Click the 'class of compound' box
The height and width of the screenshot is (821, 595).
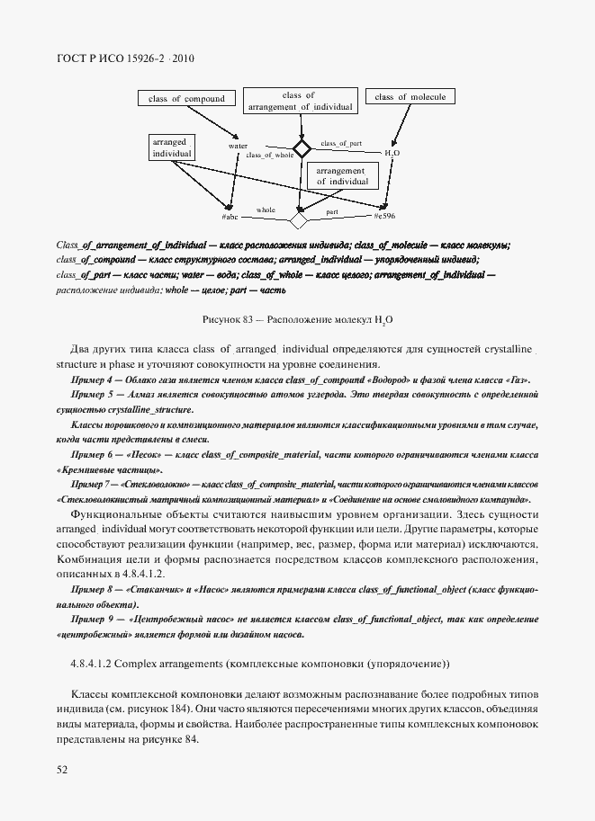[186, 99]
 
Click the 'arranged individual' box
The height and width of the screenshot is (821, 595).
[171, 148]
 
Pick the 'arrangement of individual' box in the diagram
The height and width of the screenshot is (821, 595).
[340, 175]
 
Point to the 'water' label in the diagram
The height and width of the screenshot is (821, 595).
[238, 145]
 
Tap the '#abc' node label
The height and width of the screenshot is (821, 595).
[230, 218]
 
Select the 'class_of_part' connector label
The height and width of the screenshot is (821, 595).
[341, 143]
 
